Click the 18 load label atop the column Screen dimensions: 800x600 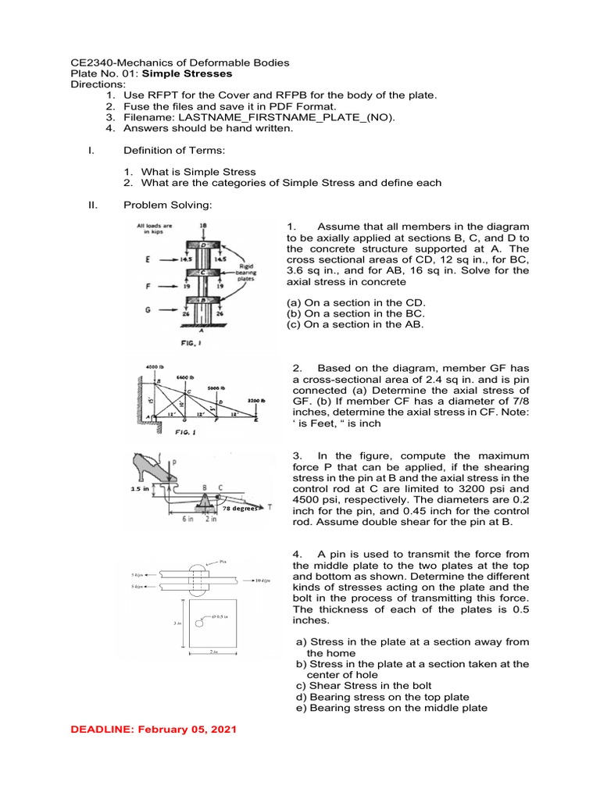pos(203,225)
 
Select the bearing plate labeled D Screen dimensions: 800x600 pos(203,243)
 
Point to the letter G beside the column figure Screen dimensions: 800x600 pos(147,310)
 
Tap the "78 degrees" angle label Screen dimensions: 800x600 pos(239,507)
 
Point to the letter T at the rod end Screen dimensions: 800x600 pos(270,506)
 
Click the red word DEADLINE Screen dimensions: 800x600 pos(102,729)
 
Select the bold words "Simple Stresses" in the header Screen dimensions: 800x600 pos(193,73)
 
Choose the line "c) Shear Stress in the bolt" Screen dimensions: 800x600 pos(366,685)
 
